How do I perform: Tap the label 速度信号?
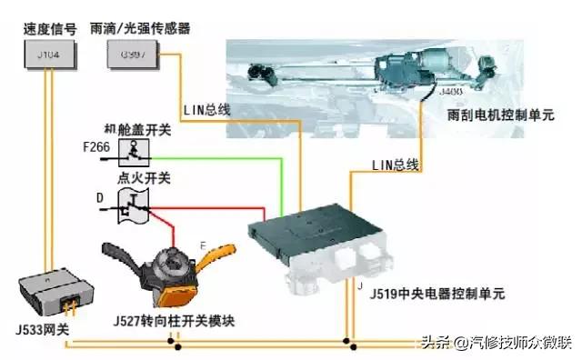click(45, 28)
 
